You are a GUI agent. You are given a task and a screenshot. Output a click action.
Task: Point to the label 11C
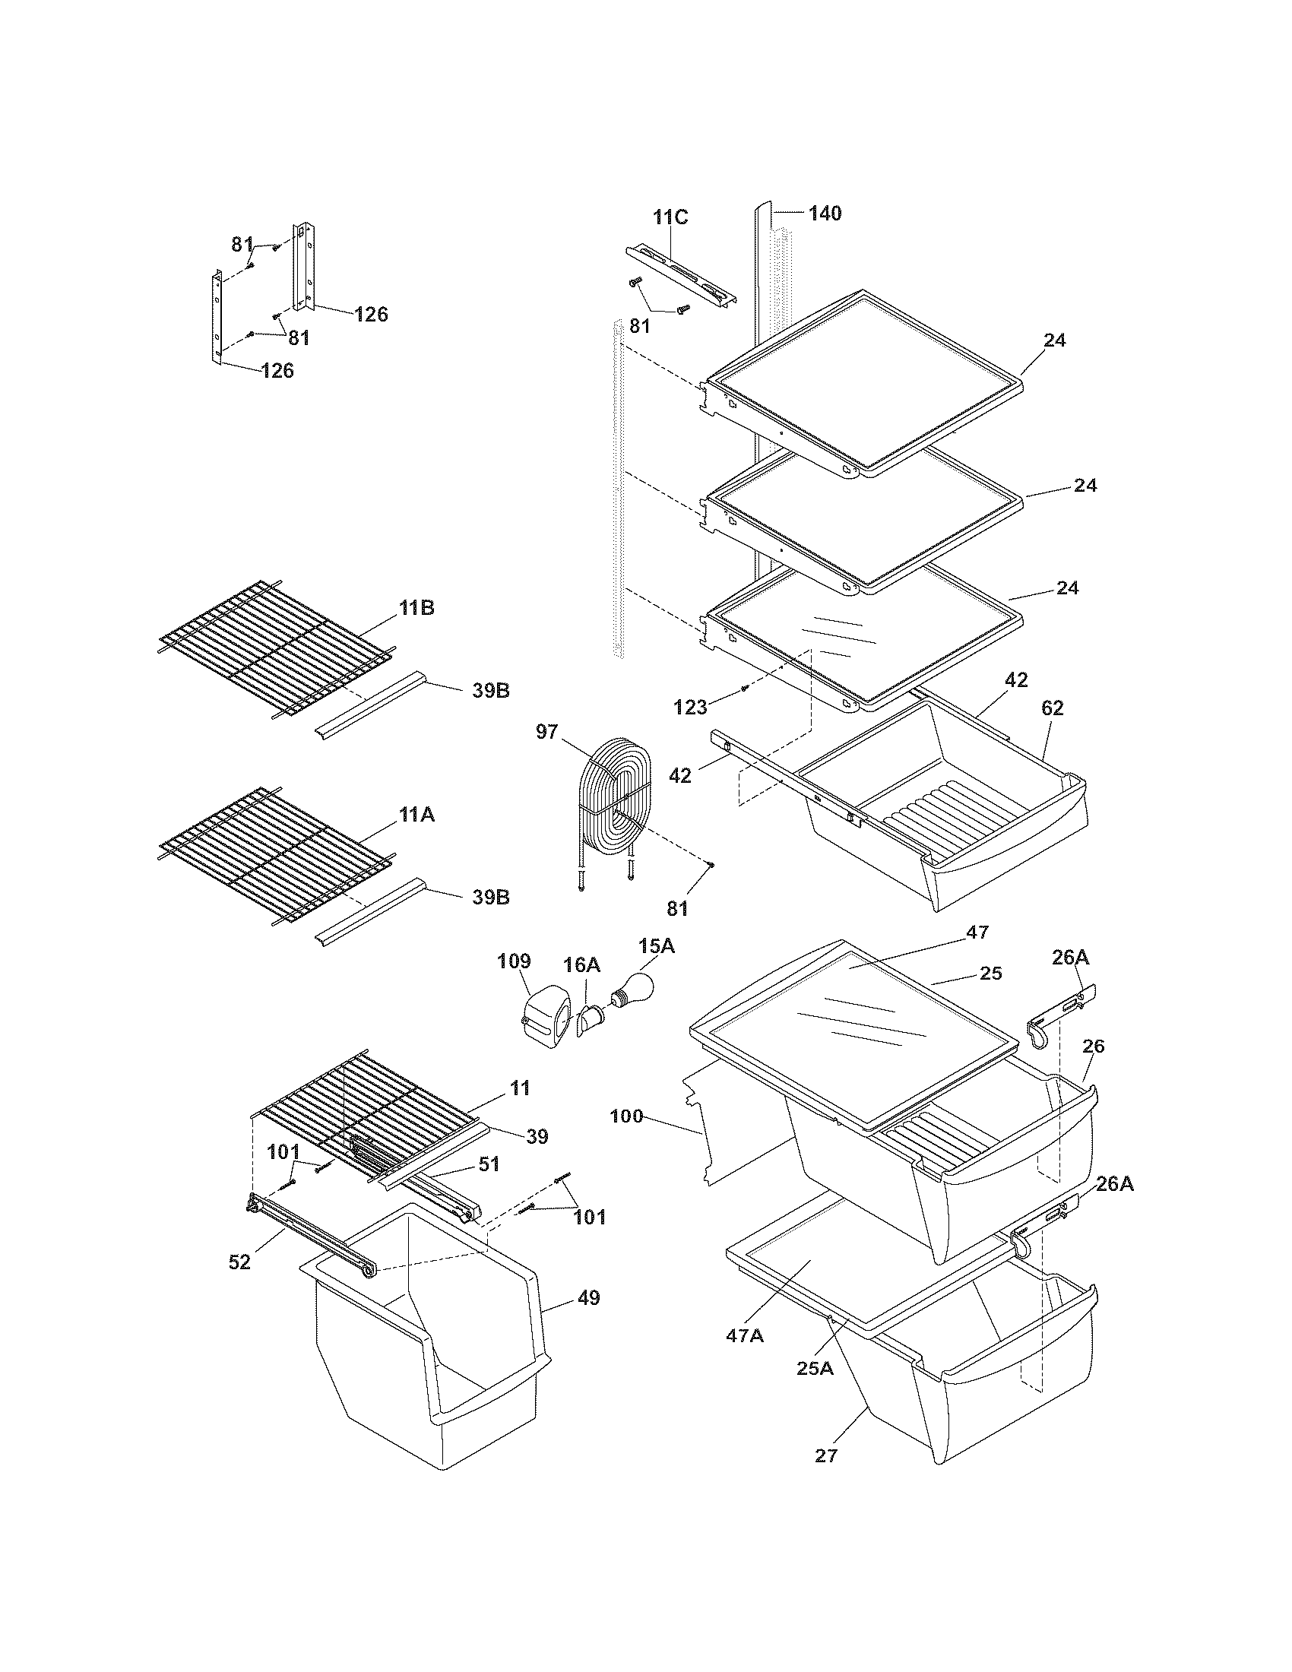[670, 217]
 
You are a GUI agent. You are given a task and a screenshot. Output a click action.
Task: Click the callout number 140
[825, 214]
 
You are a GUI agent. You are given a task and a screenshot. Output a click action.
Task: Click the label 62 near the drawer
[1053, 708]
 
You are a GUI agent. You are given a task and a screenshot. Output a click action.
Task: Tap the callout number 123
[690, 708]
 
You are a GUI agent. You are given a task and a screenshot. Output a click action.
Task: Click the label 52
[239, 1262]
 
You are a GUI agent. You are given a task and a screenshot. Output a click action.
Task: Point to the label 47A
[745, 1336]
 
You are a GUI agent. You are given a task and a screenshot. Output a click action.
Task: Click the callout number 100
[628, 1116]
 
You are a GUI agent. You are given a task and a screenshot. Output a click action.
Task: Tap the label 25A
[815, 1368]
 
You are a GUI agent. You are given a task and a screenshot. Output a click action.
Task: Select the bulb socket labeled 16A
[590, 1019]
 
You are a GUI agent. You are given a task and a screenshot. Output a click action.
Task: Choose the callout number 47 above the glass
[977, 933]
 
